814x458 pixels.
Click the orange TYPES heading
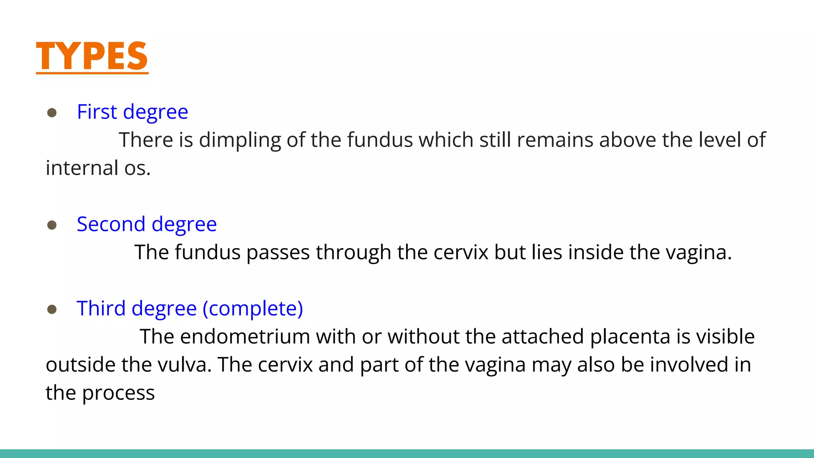tap(92, 56)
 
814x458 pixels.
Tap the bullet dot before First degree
tap(52, 113)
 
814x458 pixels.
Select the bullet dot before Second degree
tap(52, 225)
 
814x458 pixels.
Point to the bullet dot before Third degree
tap(52, 309)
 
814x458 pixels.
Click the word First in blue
tap(97, 112)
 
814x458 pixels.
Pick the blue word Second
tap(111, 224)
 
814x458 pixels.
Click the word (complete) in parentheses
tap(253, 309)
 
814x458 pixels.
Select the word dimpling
tap(240, 140)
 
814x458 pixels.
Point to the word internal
tap(82, 168)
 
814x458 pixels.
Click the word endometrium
tap(245, 337)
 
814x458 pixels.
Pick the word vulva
tap(184, 365)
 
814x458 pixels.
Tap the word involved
tap(689, 365)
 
